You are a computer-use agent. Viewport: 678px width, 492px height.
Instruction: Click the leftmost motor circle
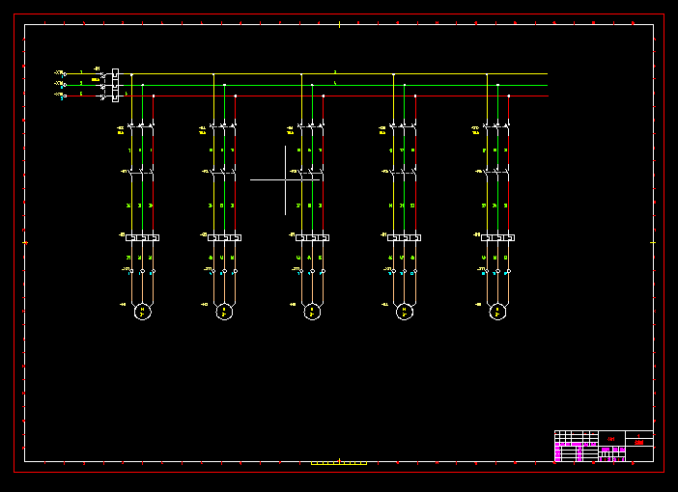pos(142,312)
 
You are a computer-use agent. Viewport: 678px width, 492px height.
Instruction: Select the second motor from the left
pos(225,312)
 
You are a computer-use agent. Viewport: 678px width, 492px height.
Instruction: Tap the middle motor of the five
pos(312,312)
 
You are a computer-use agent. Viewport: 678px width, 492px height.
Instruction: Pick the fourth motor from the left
pos(405,312)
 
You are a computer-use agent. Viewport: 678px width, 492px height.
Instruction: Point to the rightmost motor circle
pos(498,312)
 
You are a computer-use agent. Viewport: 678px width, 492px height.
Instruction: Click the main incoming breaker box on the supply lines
pos(116,85)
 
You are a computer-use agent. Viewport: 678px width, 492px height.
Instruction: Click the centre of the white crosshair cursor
pos(286,179)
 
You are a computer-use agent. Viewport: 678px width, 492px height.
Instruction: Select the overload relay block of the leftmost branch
pos(142,237)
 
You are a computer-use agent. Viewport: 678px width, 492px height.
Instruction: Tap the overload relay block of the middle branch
pos(311,237)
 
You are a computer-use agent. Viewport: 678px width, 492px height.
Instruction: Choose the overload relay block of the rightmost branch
pos(498,237)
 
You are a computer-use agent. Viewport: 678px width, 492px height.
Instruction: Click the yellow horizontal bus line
pos(338,74)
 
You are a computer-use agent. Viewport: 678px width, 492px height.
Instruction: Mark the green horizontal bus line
pos(338,85)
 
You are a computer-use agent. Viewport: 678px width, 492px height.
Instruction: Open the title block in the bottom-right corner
pos(604,447)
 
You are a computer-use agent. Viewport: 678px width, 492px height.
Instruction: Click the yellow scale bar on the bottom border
pos(338,463)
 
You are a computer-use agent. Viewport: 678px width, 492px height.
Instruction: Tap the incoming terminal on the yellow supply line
pos(63,73)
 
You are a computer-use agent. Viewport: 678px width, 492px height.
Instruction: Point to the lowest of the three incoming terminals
pos(63,96)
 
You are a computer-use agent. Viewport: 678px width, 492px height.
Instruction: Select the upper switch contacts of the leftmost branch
pos(142,126)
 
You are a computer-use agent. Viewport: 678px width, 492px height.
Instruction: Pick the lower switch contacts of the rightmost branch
pos(498,173)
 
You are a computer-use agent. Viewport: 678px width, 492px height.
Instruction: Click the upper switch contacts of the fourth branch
pos(405,126)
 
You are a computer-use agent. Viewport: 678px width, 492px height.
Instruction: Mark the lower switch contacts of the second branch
pos(225,173)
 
